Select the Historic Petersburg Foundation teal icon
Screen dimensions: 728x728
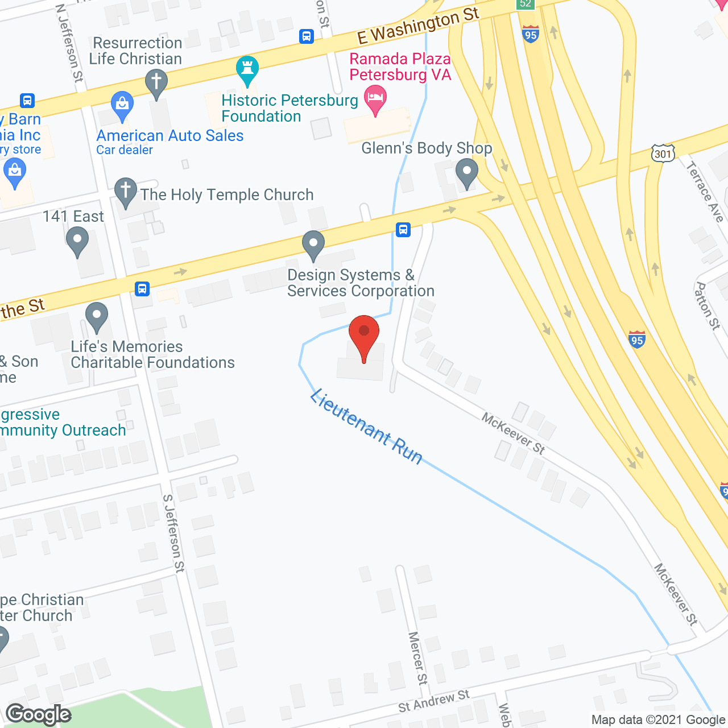click(x=247, y=70)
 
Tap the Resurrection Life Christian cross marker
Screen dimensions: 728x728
click(x=156, y=83)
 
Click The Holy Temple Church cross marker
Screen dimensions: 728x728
click(x=126, y=192)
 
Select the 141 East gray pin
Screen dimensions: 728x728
click(x=77, y=241)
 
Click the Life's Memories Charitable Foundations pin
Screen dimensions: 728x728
click(x=97, y=316)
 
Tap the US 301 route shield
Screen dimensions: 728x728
click(x=663, y=153)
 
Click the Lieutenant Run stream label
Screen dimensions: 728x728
click(x=366, y=427)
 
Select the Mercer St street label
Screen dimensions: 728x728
click(x=417, y=657)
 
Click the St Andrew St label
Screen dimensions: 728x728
click(x=434, y=701)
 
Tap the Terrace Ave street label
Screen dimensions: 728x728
click(x=705, y=192)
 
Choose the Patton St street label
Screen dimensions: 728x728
click(x=708, y=306)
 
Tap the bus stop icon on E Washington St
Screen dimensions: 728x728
click(x=307, y=36)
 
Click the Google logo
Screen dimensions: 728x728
click(x=39, y=714)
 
